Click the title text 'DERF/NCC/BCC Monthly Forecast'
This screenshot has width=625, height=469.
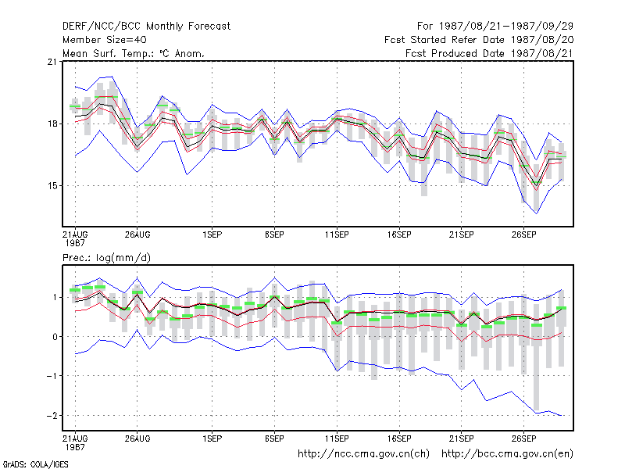coord(146,27)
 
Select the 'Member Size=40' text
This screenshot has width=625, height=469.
coord(105,40)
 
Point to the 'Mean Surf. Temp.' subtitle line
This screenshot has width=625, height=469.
coord(134,53)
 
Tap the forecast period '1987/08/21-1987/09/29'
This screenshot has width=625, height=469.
coord(505,27)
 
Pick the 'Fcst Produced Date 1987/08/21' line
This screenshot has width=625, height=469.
coord(490,53)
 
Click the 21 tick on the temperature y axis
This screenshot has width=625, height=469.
coord(52,62)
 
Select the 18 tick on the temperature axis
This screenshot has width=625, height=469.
coord(52,124)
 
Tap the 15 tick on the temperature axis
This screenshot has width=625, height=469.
coord(52,186)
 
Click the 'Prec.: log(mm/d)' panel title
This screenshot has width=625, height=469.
coord(106,258)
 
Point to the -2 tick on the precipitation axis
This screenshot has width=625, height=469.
coord(52,416)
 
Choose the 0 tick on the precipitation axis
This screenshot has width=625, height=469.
coord(55,337)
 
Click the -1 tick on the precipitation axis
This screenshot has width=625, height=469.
coord(52,376)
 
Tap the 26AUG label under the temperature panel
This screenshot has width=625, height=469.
coord(137,235)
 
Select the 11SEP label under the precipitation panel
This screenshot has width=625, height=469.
coord(337,439)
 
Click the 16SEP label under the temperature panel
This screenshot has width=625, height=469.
coord(399,235)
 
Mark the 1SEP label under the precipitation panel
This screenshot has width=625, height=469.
coord(212,439)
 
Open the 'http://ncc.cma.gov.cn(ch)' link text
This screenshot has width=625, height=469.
coord(364,454)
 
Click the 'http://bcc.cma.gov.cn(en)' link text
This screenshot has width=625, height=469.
coord(507,454)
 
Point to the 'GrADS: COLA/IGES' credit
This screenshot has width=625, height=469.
coord(35,464)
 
